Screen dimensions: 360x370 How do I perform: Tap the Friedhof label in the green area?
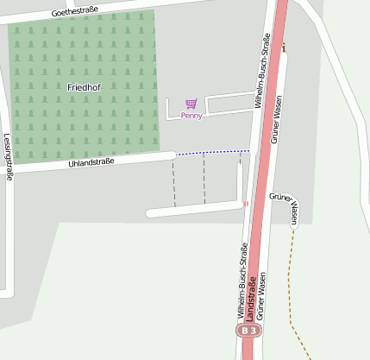84,87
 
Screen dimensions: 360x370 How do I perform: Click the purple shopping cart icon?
191,104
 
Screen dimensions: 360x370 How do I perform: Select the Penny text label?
191,115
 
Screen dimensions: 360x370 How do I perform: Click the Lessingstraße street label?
8,155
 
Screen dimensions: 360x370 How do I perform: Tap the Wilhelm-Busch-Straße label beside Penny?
261,71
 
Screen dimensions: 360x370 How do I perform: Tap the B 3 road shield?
249,331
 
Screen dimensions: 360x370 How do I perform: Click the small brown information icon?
284,47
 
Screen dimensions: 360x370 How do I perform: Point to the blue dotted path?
211,153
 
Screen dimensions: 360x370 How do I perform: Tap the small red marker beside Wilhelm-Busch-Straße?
246,204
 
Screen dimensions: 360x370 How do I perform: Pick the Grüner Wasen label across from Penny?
278,119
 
